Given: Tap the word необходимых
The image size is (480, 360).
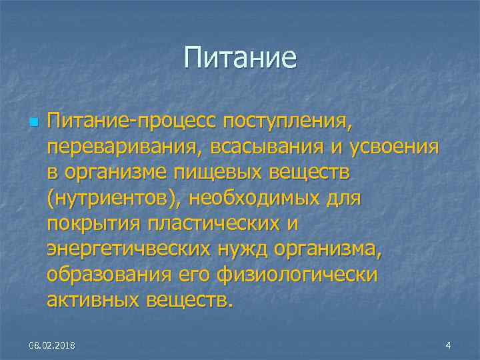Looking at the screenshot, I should click(274, 199).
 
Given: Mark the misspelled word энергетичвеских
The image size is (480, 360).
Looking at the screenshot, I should click(127, 249).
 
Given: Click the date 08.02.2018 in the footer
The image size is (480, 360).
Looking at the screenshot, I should click(52, 345).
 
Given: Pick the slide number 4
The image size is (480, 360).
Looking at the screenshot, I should click(448, 345).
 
